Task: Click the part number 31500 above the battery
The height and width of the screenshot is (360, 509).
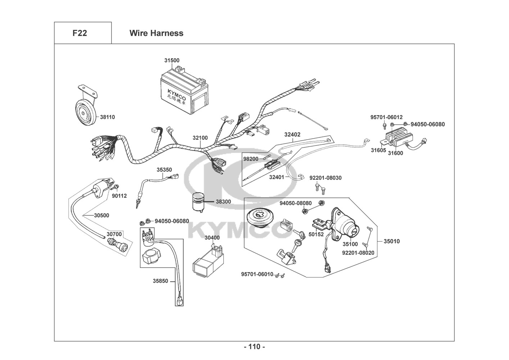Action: pyautogui.click(x=172, y=60)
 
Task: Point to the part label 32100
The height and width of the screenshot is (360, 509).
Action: pyautogui.click(x=200, y=138)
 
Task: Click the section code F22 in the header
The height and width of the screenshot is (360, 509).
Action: pyautogui.click(x=79, y=33)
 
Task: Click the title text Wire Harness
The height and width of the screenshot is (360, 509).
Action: pyautogui.click(x=156, y=33)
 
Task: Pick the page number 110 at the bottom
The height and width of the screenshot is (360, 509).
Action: pyautogui.click(x=254, y=347)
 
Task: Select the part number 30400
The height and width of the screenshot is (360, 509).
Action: pyautogui.click(x=212, y=238)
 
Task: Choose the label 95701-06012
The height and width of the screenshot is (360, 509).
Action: pyautogui.click(x=386, y=117)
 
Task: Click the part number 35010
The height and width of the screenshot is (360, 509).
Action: pyautogui.click(x=391, y=241)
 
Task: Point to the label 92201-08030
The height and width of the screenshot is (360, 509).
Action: pyautogui.click(x=325, y=178)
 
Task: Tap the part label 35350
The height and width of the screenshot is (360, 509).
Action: pyautogui.click(x=164, y=169)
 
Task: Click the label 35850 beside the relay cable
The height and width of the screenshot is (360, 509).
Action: pyautogui.click(x=160, y=281)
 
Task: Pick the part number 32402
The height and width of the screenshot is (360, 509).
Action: pyautogui.click(x=292, y=134)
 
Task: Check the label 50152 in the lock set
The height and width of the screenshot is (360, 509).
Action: pyautogui.click(x=316, y=234)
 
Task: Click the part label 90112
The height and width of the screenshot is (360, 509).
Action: pyautogui.click(x=119, y=196)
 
